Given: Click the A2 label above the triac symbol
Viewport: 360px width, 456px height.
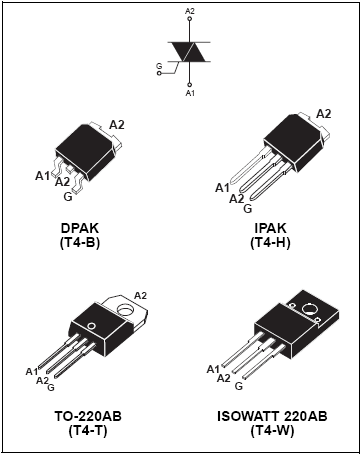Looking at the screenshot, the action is (x=190, y=11).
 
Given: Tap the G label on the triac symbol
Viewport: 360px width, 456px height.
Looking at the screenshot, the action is (x=159, y=66).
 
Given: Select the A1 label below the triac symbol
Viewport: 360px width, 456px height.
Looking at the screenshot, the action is (x=190, y=93).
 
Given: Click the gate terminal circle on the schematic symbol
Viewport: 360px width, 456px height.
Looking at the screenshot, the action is (x=159, y=73).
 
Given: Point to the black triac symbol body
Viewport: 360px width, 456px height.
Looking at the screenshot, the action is (x=189, y=52).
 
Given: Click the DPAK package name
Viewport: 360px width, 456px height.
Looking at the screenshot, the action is (x=80, y=229).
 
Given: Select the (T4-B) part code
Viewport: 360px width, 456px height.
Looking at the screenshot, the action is (x=80, y=243).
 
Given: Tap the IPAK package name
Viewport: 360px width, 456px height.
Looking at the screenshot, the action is (x=270, y=229).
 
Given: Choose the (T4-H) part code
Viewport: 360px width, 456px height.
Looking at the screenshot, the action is (x=270, y=243).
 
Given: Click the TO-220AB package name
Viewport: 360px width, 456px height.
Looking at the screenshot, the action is (x=88, y=416).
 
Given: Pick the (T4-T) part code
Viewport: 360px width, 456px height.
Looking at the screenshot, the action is (x=88, y=431).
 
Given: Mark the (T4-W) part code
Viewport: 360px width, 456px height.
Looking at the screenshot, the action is (x=272, y=431).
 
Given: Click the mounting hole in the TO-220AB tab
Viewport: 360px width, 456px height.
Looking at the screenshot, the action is (x=126, y=309).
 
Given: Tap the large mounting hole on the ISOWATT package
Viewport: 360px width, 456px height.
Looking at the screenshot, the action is (x=310, y=308).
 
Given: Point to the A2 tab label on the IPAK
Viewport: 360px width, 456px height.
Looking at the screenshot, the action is (x=324, y=114).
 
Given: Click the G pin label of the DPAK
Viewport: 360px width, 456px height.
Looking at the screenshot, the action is (x=68, y=197).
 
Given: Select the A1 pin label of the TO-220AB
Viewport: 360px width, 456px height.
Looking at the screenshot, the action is (x=32, y=371).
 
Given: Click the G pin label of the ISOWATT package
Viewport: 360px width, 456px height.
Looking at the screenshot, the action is (x=239, y=386).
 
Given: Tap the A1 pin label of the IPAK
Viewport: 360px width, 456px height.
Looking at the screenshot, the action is (x=222, y=188).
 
